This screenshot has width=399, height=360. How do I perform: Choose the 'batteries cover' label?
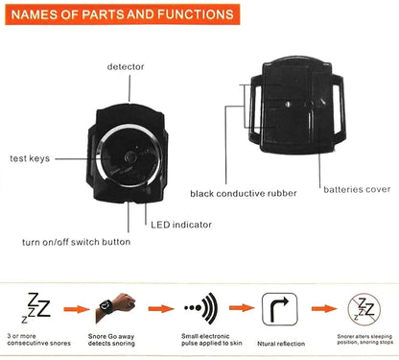pyautogui.click(x=357, y=188)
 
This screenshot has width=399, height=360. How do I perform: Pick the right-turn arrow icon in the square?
pyautogui.click(x=277, y=310)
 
